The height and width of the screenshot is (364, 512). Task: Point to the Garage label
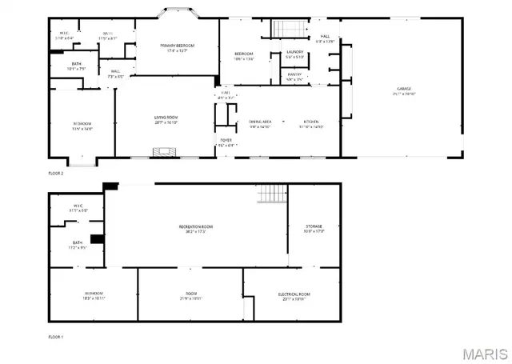[404, 90]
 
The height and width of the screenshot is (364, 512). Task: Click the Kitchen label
[310, 123]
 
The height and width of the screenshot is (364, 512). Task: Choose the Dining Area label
[260, 123]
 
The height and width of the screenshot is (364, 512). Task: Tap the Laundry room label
[295, 54]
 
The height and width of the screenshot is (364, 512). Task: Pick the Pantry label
[295, 77]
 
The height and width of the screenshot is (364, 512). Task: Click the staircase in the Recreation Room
[272, 193]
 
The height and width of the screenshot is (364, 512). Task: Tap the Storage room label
[313, 230]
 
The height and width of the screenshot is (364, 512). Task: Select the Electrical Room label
[294, 296]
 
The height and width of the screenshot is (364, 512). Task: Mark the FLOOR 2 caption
[56, 173]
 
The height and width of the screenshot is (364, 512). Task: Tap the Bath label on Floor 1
[78, 245]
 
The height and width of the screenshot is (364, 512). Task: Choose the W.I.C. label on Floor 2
[65, 35]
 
